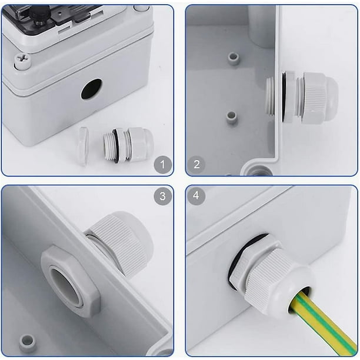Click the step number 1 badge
[x=162, y=164]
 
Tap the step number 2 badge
[x=196, y=164]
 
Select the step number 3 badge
[x=162, y=196]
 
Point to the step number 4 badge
[x=196, y=196]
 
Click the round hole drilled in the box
[x=91, y=89]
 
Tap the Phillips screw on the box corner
[x=22, y=61]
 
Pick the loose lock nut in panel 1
[x=83, y=146]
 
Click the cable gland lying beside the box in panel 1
[x=128, y=145]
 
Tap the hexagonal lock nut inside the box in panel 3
[x=71, y=281]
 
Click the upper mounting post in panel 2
[x=233, y=59]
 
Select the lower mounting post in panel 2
[x=231, y=118]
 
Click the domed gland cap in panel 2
[x=320, y=98]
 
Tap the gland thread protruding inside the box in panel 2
[x=271, y=96]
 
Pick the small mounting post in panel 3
[x=28, y=343]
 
